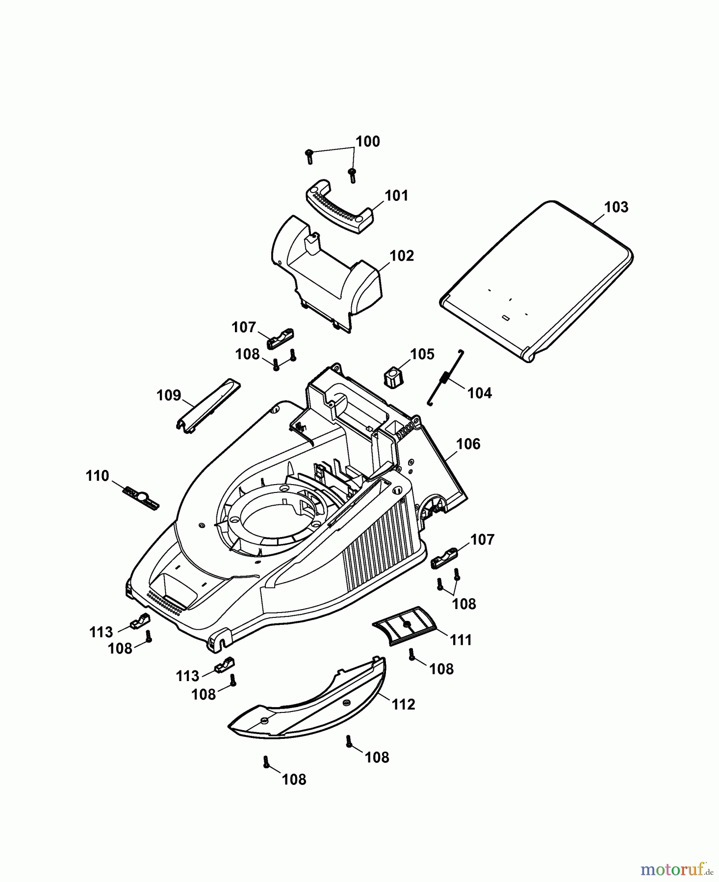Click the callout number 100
pos(367,142)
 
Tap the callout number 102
pos(402,256)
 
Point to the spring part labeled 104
pos(445,377)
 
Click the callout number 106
pos(468,444)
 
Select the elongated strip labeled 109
pos(208,406)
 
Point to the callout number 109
pos(169,395)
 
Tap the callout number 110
pos(97,476)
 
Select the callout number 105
pos(422,354)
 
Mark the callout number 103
pos(616,207)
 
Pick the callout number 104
pos(479,393)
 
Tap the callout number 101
pos(396,196)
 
